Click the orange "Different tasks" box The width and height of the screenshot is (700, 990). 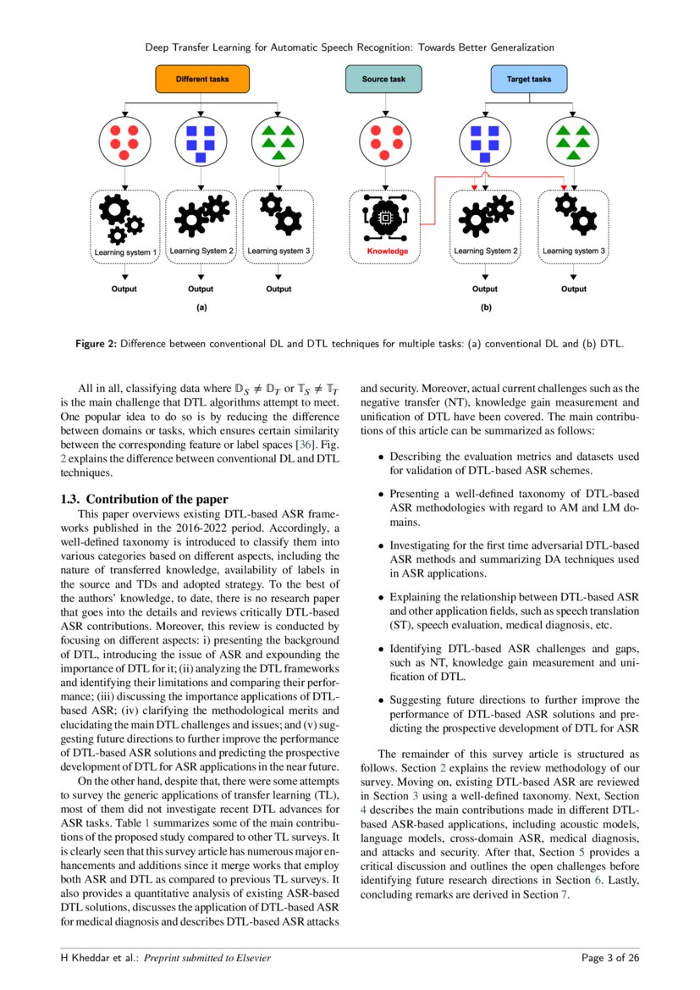tap(202, 80)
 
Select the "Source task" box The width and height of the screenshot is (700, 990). tap(383, 80)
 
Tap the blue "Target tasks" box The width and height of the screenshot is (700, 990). tap(529, 80)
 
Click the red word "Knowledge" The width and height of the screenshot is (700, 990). tap(387, 252)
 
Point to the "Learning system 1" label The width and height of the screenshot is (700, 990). tap(125, 252)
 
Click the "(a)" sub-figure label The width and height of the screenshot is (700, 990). tap(201, 309)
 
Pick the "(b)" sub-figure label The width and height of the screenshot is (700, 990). tap(486, 309)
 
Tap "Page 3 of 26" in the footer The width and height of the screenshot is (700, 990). tap(610, 958)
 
